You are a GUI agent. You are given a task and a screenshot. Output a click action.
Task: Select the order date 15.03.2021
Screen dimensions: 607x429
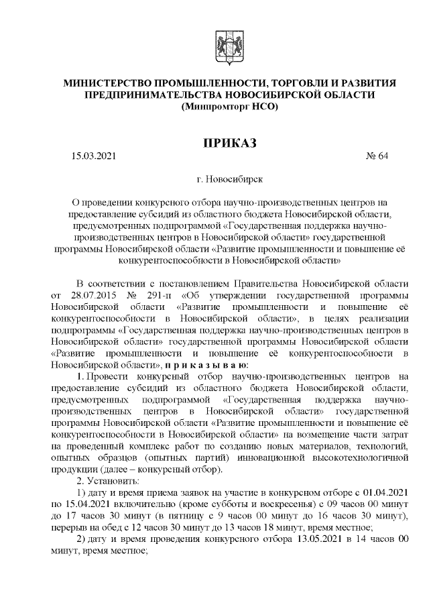pyautogui.click(x=93, y=158)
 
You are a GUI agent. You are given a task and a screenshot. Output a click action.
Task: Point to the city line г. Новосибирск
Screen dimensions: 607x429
pyautogui.click(x=229, y=180)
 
